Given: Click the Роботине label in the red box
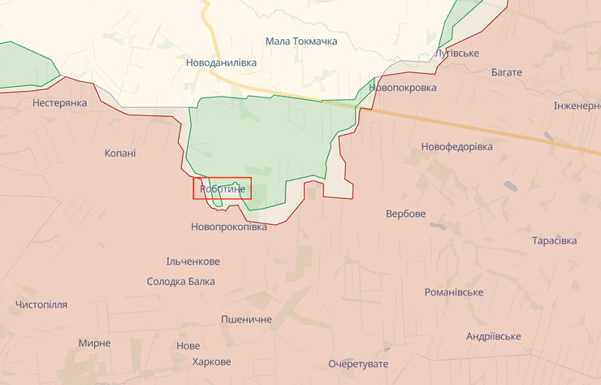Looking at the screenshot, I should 222,188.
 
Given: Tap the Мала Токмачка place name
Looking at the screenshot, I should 301,41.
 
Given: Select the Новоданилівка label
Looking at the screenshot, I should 221,63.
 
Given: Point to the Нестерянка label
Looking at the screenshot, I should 59,103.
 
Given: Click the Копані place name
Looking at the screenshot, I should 120,153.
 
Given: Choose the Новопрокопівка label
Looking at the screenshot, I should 229,227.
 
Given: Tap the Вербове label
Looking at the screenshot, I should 405,214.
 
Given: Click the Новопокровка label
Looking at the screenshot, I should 402,88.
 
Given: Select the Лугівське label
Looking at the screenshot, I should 457,54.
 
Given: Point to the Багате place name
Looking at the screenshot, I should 507,72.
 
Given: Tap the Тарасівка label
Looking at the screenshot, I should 555,241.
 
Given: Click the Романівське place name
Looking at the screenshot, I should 454,292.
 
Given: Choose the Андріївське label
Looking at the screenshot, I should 494,336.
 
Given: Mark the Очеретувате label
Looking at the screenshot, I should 358,363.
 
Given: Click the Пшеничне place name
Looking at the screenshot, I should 246,320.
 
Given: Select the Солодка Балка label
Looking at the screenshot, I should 181,282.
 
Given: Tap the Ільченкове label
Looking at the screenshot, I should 192,262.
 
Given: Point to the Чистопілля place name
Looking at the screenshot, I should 41,305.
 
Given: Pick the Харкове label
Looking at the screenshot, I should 206,361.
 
